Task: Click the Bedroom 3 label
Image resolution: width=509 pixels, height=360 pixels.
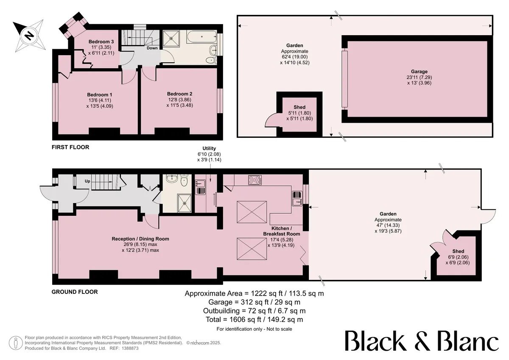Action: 101,42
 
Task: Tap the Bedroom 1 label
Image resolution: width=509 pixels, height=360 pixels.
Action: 100,95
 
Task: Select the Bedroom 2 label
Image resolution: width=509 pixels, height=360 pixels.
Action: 179,94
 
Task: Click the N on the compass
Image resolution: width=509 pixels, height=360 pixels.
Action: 29,35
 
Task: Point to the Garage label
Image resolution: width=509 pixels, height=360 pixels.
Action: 419,72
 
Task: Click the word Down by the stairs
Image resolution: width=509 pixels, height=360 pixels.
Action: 152,48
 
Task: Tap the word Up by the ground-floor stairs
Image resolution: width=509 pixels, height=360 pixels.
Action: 87,181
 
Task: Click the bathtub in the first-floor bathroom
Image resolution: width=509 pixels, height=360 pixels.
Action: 202,37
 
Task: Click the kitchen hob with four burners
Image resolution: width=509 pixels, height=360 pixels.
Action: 255,180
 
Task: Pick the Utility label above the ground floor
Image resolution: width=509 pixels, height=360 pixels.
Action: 209,148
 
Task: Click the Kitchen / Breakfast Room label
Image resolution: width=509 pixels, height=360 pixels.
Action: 282,231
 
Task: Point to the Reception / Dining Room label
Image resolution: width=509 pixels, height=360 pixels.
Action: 140,239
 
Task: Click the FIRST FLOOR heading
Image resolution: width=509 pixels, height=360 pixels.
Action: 70,147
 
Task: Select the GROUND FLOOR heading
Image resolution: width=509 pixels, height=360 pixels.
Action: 75,292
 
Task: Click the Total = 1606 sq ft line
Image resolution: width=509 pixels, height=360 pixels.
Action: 254,320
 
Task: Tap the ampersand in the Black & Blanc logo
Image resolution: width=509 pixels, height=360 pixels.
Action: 421,341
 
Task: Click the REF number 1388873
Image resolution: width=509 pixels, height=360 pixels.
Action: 130,348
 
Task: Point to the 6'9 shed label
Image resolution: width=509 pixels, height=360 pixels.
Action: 458,257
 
